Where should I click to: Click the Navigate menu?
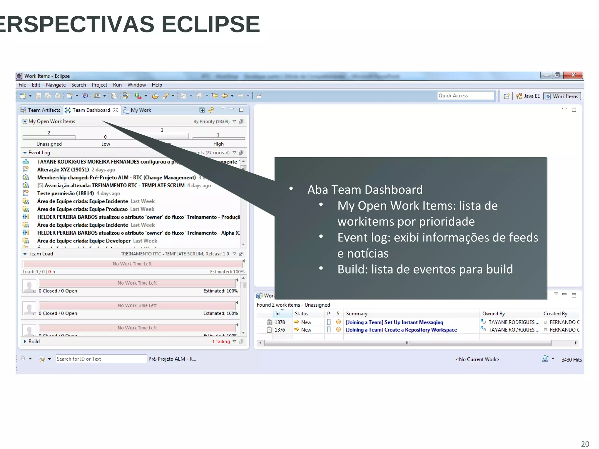point(56,85)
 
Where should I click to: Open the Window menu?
point(137,85)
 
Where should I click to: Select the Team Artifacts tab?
point(41,110)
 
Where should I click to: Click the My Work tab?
point(141,110)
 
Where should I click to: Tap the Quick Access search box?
point(465,96)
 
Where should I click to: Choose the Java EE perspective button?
point(528,96)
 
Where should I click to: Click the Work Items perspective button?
point(562,96)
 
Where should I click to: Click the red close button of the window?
point(573,75)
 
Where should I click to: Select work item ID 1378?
point(280,322)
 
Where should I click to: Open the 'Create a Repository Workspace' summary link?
point(401,330)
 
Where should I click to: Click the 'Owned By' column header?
point(494,314)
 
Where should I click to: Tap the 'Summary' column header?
point(357,314)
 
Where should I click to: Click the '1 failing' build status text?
point(221,341)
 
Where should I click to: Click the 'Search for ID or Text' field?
point(100,359)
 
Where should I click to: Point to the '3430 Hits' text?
point(572,360)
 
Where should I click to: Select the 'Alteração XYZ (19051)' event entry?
point(63,170)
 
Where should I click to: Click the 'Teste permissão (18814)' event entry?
point(66,193)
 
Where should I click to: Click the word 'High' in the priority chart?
point(218,144)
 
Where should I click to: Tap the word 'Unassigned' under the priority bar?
point(49,144)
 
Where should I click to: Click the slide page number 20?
point(585,444)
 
